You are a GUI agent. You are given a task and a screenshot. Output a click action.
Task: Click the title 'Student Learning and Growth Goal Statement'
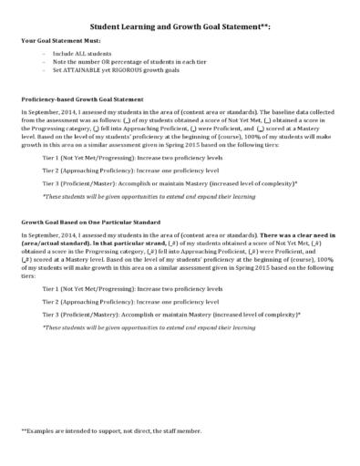coord(173,27)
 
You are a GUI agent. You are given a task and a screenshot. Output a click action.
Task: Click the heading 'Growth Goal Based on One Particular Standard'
coord(88,222)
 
